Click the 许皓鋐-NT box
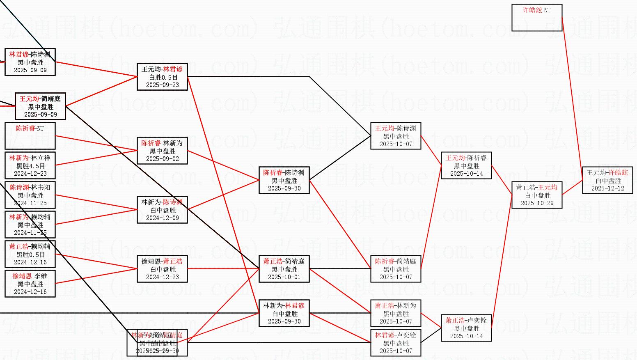click(536, 18)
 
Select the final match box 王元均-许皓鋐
click(607, 180)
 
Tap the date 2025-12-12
click(607, 188)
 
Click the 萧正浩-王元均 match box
click(537, 195)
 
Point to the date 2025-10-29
click(537, 203)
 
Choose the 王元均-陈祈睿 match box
click(466, 165)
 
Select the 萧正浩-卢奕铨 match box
click(466, 328)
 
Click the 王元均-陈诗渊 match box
click(396, 136)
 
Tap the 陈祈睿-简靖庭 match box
click(396, 269)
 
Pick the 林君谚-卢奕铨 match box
click(396, 343)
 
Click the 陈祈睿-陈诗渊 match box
click(284, 180)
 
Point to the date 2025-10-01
click(284, 277)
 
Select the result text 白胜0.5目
click(163, 77)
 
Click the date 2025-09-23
click(163, 85)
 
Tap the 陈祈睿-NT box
click(30, 136)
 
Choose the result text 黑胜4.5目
click(30, 166)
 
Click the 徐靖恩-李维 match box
click(30, 284)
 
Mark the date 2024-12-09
click(163, 218)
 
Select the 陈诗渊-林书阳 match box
click(30, 195)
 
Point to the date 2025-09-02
click(163, 159)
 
